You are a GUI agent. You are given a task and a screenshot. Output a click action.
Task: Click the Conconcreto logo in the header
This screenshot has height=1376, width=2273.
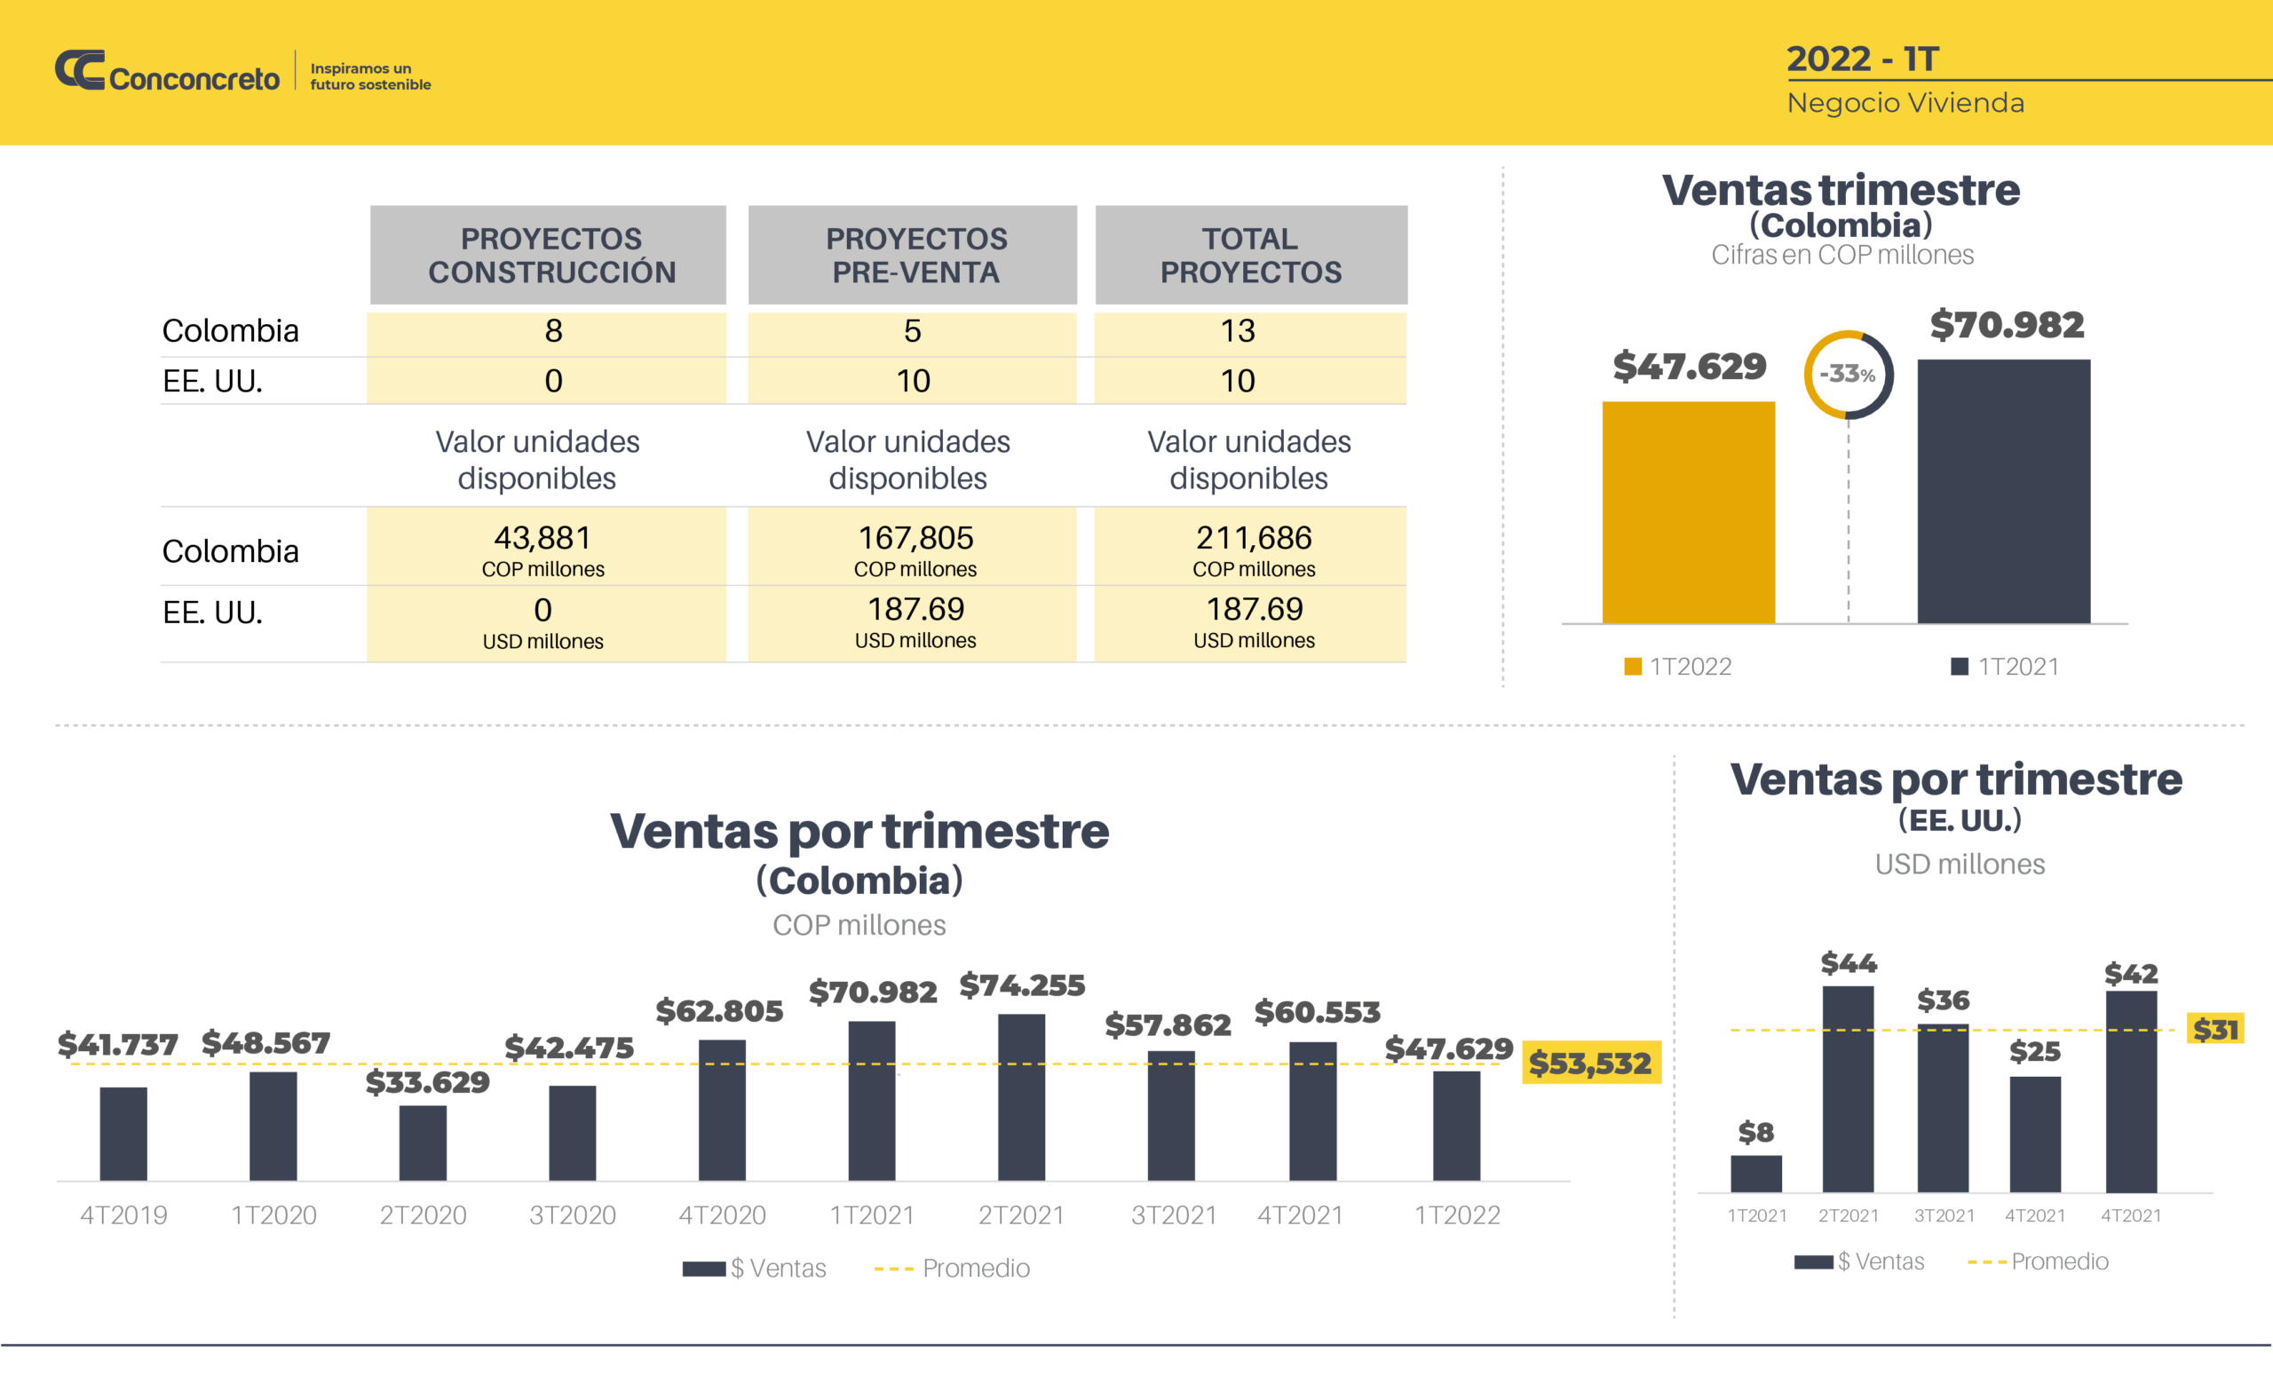coord(167,72)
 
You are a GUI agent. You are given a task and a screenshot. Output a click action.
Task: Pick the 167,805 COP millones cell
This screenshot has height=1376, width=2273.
coord(915,549)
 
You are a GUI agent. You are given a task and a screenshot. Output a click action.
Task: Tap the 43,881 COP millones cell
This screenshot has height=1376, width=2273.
coord(543,549)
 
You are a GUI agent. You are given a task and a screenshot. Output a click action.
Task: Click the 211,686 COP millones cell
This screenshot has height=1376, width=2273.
coord(1252,549)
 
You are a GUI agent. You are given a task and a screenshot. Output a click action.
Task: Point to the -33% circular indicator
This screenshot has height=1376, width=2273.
coord(1848,375)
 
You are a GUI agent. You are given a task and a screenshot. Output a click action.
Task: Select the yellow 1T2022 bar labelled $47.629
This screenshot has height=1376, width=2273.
coord(1687,512)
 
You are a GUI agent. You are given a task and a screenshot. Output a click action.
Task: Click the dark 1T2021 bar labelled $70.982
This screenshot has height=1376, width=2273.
coord(2004,491)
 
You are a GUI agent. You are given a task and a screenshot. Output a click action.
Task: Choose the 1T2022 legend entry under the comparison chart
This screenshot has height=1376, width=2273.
coord(1678,666)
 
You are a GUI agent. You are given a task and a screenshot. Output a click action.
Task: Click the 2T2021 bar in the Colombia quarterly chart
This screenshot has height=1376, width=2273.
coord(1021,1096)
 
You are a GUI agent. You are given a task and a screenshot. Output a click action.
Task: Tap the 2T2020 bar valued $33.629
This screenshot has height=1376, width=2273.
coord(423,1143)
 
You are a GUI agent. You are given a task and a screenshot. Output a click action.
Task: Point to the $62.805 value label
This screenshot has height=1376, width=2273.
coord(719,1011)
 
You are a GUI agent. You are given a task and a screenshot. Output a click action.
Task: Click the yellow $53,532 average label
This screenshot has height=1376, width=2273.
coord(1590,1063)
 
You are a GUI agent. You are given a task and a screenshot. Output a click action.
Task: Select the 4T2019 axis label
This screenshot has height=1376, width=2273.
coord(123,1214)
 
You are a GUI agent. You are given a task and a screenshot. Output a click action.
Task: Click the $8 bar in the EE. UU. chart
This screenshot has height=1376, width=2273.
coord(1755,1173)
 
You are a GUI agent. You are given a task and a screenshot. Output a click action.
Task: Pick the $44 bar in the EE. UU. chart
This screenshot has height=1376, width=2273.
coord(1848,1088)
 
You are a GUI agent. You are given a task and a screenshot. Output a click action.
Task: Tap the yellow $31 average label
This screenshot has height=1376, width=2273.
coord(2215,1028)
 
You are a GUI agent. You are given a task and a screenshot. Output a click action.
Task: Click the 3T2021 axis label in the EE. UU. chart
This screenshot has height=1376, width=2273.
coord(1944,1215)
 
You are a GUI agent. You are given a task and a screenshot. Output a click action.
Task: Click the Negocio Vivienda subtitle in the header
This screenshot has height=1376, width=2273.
coord(1905,102)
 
